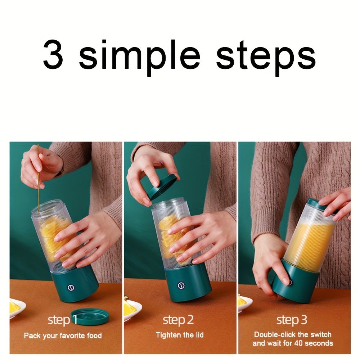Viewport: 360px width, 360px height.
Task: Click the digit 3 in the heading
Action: pyautogui.click(x=53, y=55)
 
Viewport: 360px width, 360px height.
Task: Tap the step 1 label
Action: pyautogui.click(x=63, y=320)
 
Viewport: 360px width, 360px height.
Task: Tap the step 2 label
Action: pyautogui.click(x=178, y=320)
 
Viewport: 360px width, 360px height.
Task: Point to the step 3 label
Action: pyautogui.click(x=292, y=320)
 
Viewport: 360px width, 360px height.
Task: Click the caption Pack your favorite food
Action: pyautogui.click(x=63, y=336)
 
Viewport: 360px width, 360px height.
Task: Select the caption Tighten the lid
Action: pyautogui.click(x=180, y=335)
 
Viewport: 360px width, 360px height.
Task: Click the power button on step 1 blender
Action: pyautogui.click(x=71, y=288)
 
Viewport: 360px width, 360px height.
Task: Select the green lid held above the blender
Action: pyautogui.click(x=163, y=186)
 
